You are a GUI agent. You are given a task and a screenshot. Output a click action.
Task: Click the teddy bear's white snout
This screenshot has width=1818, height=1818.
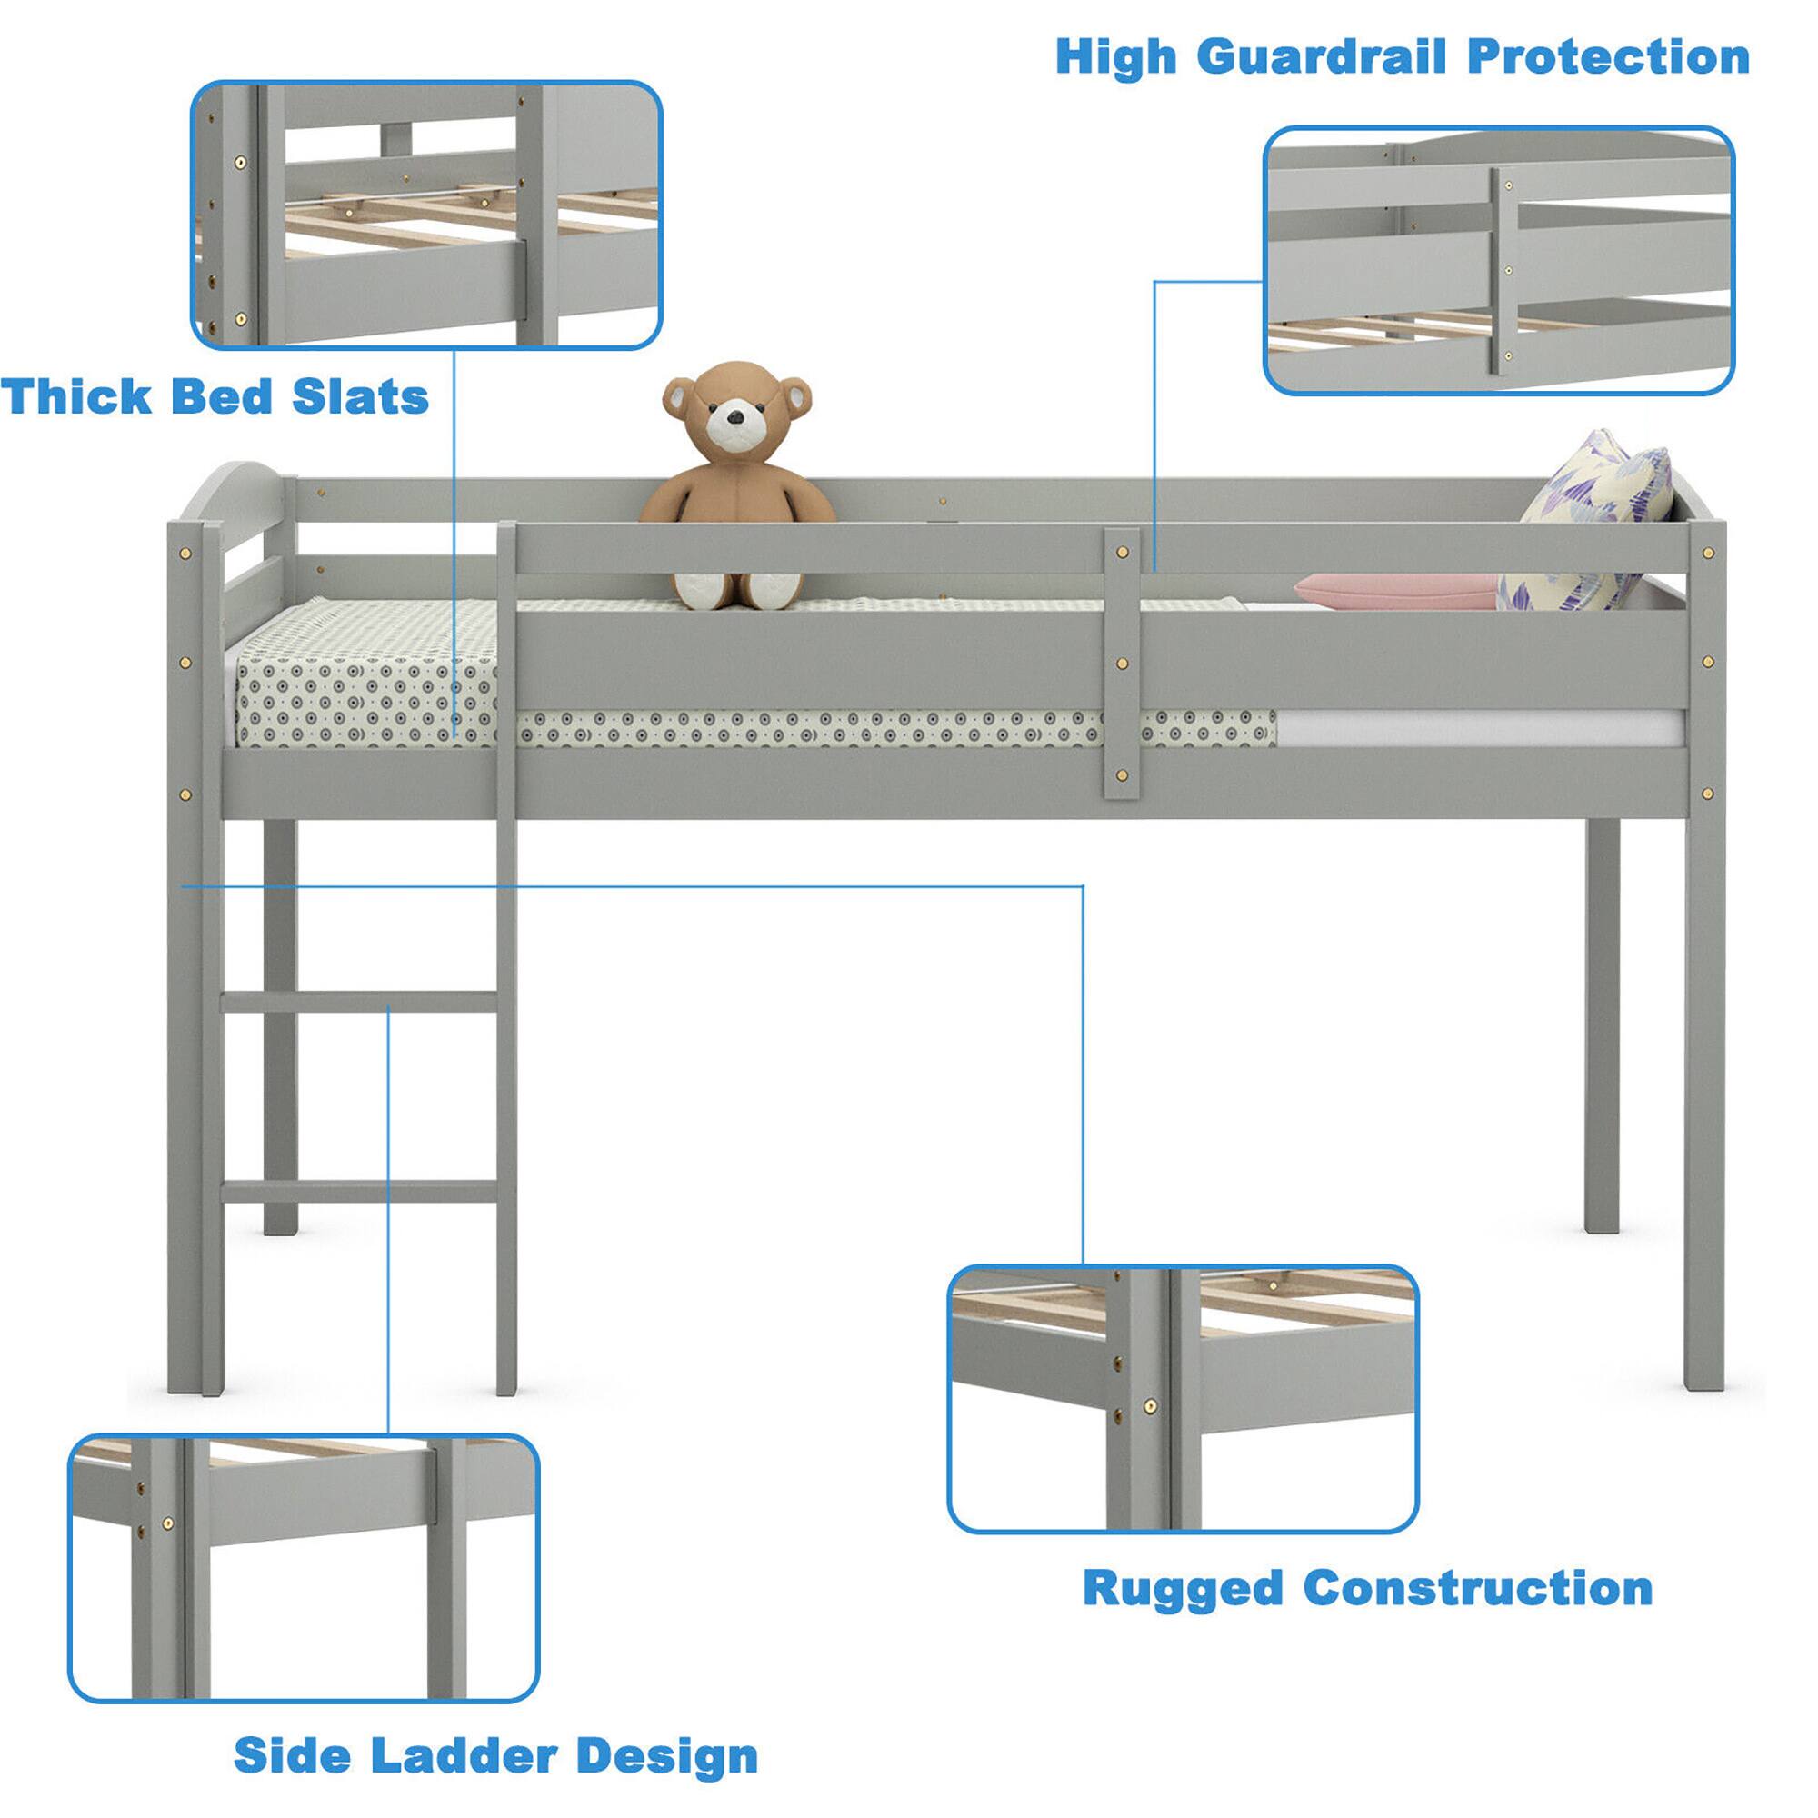(730, 423)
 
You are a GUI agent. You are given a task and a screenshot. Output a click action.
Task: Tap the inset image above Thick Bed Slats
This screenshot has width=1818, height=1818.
(425, 215)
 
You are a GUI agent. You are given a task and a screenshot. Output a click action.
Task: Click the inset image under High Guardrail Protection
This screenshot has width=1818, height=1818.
(1498, 261)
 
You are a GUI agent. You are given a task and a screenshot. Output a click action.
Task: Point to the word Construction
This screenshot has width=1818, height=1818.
(1477, 1589)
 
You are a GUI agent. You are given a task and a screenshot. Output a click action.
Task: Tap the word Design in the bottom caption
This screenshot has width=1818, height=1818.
(666, 1756)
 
